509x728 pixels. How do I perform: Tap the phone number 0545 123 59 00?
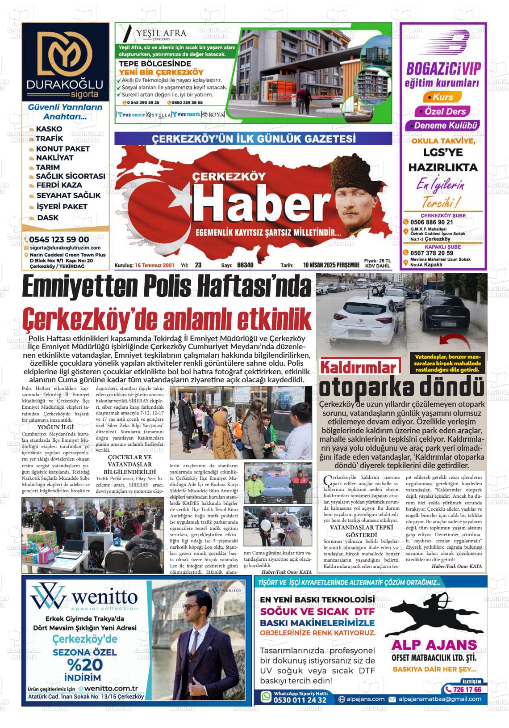[59, 239]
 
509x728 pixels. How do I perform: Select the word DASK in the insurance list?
[48, 218]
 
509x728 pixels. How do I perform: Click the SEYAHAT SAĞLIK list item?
[68, 195]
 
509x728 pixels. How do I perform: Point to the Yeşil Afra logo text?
[161, 34]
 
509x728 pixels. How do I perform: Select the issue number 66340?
[245, 265]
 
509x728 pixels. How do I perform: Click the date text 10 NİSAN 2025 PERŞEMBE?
[331, 265]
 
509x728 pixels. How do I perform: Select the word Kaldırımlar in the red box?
[359, 368]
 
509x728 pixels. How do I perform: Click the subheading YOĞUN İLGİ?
[56, 427]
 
